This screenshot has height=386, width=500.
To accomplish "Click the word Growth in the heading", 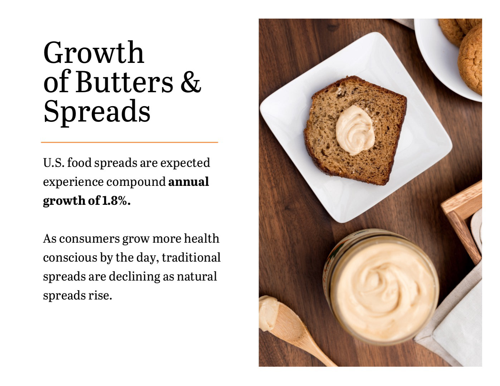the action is [x=94, y=53].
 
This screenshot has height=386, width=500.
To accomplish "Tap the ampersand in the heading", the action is [x=191, y=82].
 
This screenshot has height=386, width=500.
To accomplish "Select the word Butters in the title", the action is [x=124, y=82].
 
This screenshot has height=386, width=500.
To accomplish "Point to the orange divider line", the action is [x=129, y=142].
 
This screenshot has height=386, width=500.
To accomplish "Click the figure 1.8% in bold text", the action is [x=116, y=201].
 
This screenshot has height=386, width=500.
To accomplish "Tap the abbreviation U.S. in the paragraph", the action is [x=54, y=163].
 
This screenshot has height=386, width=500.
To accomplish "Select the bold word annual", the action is [x=188, y=182].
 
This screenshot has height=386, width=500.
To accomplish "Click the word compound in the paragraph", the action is [x=136, y=182].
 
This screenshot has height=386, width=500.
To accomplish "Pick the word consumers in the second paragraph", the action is [x=89, y=239].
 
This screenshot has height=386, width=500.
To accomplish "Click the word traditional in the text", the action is [x=191, y=257].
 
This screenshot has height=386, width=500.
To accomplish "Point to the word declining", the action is [x=134, y=277].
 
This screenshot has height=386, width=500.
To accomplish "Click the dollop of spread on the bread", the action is [x=355, y=130].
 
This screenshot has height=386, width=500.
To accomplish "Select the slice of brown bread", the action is [x=355, y=130].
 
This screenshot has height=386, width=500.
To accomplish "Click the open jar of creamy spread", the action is [x=381, y=287].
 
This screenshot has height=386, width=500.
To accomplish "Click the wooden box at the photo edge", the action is [x=462, y=221].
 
